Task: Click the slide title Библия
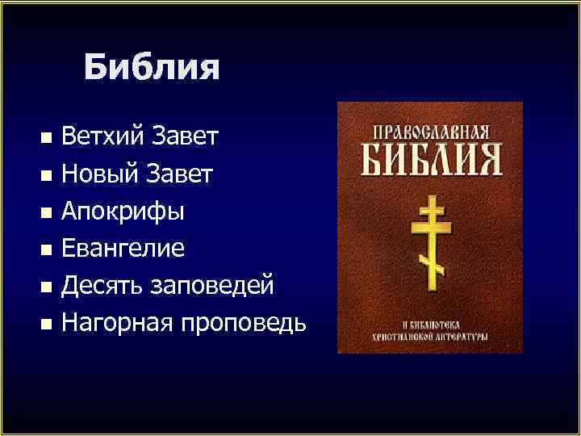[151, 67]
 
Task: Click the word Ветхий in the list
[102, 136]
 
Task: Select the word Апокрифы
[123, 212]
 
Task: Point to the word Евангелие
[123, 249]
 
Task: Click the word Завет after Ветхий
[183, 136]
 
